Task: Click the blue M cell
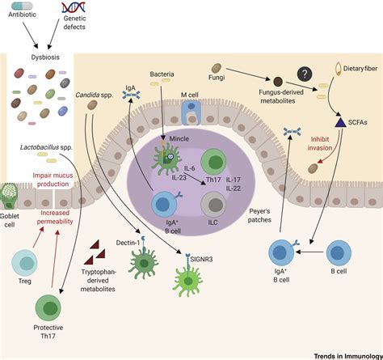pyautogui.click(x=187, y=112)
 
